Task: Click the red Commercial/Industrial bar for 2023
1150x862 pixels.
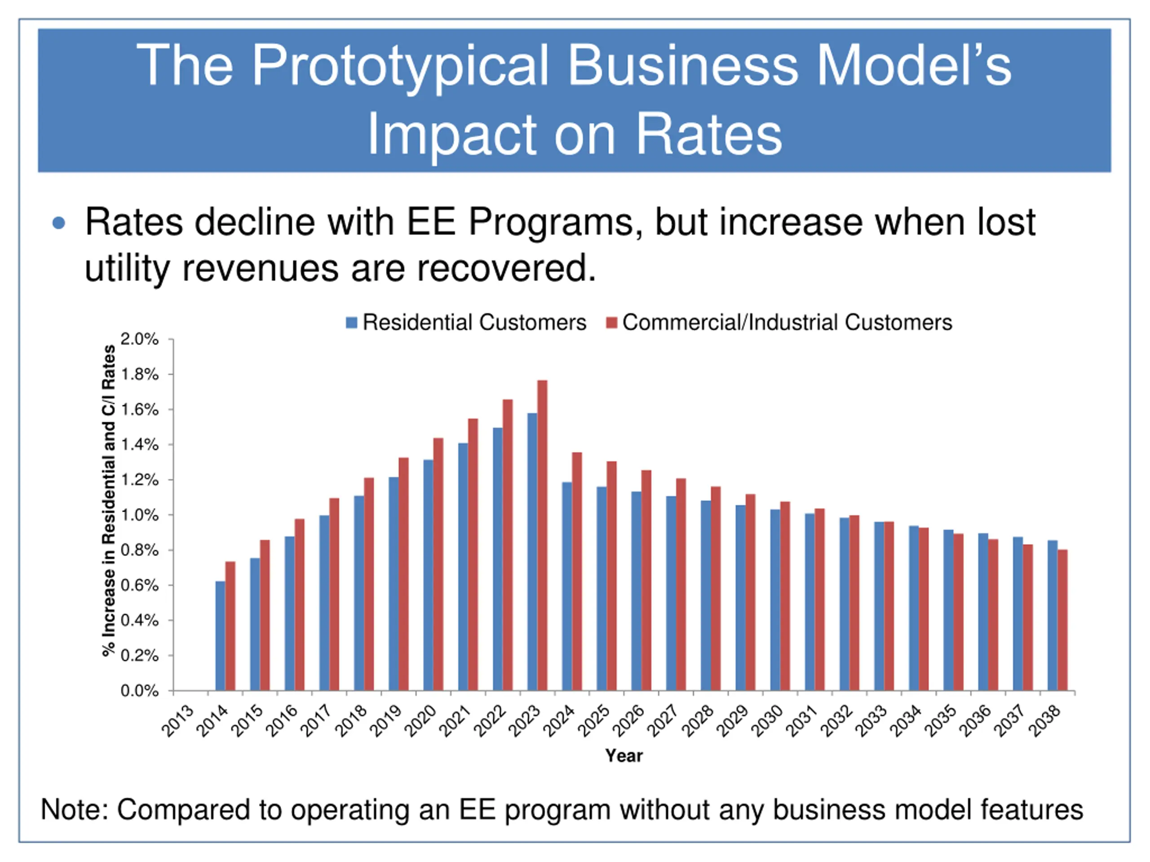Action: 542,535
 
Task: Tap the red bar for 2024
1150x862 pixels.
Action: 577,571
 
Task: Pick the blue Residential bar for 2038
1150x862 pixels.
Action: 1053,615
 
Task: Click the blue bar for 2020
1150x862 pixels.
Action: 429,575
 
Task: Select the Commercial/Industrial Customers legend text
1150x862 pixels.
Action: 787,323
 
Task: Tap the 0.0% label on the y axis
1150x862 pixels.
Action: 140,690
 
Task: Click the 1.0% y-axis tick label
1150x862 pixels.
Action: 140,515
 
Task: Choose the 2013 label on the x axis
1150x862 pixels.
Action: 177,721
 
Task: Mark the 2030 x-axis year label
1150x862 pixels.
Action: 767,721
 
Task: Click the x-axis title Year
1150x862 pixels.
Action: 624,756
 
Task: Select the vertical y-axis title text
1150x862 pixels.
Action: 108,501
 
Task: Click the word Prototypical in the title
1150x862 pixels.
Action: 400,66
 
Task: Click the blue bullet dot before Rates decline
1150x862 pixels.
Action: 59,224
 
